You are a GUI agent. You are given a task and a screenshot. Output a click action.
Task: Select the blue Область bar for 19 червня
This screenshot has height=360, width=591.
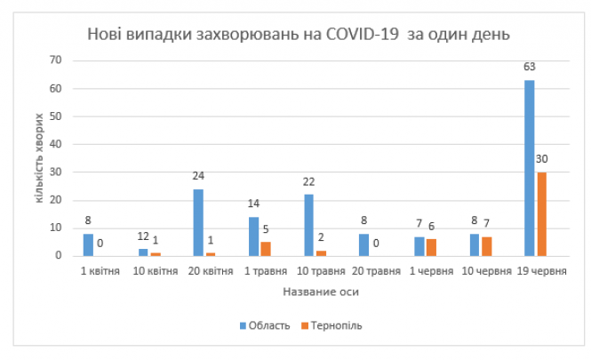529,168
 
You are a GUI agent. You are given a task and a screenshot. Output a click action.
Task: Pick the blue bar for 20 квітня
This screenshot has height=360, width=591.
197,222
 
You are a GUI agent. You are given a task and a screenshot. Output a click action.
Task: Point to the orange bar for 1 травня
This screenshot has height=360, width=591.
266,249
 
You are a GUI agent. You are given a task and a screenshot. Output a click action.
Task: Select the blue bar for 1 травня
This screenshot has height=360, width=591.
254,236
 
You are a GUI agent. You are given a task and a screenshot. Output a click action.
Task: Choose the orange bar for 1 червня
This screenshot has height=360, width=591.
431,247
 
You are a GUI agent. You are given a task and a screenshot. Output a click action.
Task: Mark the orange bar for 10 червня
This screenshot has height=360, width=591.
486,246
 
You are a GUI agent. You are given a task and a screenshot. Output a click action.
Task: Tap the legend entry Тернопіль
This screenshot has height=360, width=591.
331,325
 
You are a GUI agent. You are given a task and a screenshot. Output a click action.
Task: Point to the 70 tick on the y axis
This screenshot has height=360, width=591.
55,60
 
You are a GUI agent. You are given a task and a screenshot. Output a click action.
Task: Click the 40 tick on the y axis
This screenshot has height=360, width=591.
55,144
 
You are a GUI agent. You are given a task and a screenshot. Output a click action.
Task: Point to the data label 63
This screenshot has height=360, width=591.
529,67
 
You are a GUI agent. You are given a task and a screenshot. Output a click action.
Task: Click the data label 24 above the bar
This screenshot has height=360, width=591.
197,176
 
